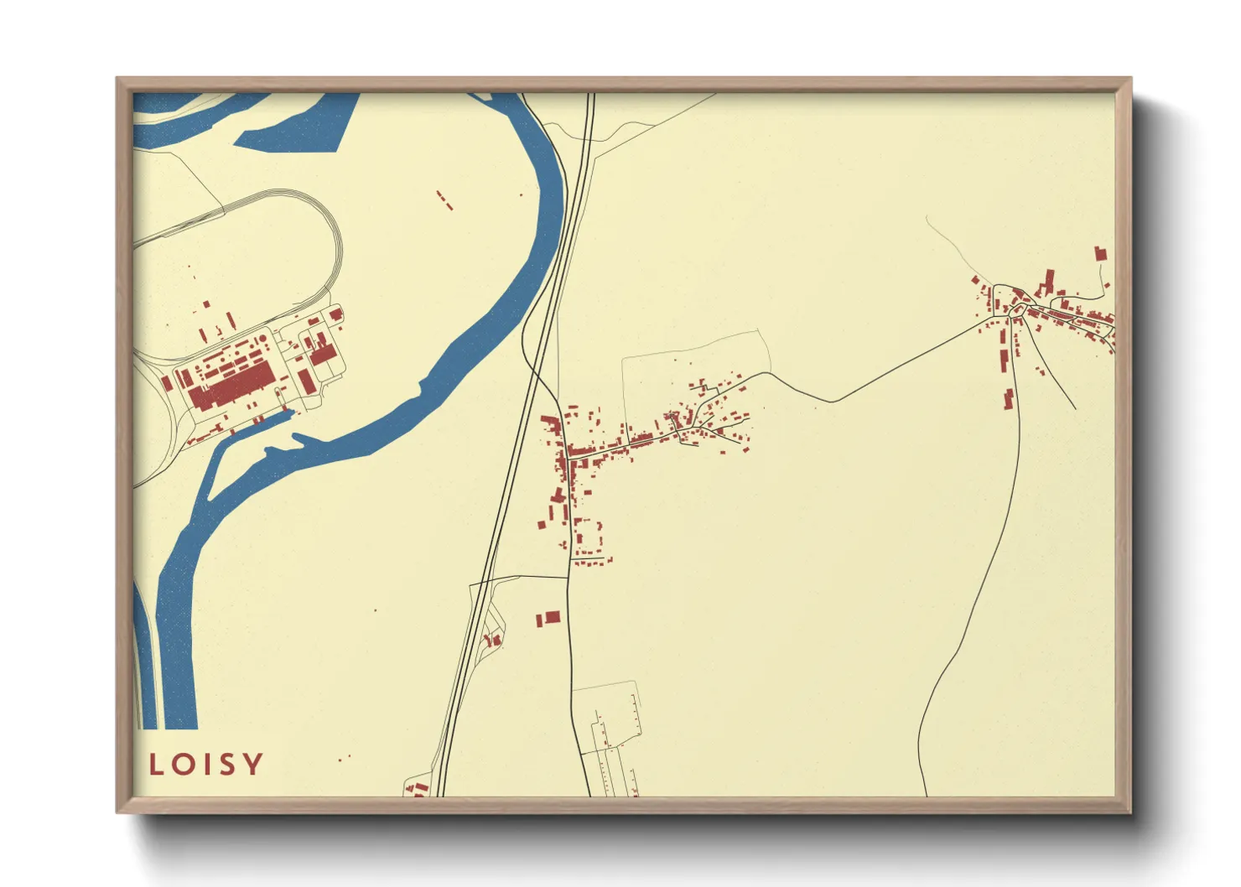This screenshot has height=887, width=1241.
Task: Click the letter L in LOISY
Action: tap(156, 764)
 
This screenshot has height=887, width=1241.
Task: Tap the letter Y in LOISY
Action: tap(252, 764)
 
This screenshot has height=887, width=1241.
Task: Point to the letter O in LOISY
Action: tap(184, 764)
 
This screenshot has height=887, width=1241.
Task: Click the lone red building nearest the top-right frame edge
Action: tap(1100, 253)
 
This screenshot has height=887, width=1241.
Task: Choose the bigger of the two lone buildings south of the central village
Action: tap(552, 618)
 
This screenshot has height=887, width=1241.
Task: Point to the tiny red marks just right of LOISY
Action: tap(344, 758)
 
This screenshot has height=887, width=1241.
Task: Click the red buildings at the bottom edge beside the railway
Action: tap(418, 788)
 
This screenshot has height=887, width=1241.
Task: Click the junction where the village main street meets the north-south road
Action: tap(569, 458)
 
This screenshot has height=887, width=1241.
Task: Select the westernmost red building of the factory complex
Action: tap(167, 383)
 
